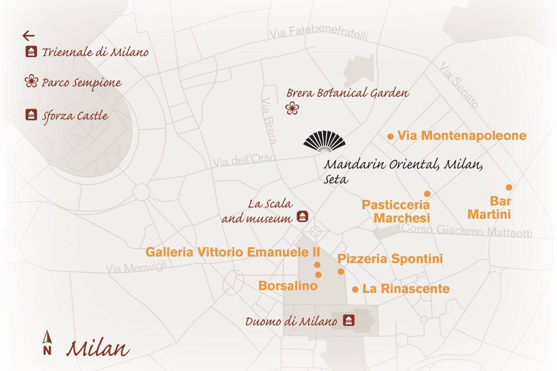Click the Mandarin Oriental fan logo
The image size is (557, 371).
324,142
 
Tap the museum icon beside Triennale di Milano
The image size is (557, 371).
31,52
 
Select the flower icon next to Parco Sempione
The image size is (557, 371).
31,81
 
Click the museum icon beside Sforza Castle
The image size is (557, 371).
31,115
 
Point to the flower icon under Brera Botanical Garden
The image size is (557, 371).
292,108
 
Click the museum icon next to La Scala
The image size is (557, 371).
302,217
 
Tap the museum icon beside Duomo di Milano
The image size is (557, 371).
348,320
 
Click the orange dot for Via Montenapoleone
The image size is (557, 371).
390,136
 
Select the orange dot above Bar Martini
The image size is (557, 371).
509,188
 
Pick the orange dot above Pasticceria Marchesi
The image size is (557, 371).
427,194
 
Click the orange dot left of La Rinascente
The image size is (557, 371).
355,289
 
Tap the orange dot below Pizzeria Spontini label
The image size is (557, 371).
341,272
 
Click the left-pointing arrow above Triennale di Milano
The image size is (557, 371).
28,36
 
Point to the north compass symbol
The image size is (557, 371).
47,343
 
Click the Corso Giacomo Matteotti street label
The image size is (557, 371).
466,230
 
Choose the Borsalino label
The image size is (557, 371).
288,286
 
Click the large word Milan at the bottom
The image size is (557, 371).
98,349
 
